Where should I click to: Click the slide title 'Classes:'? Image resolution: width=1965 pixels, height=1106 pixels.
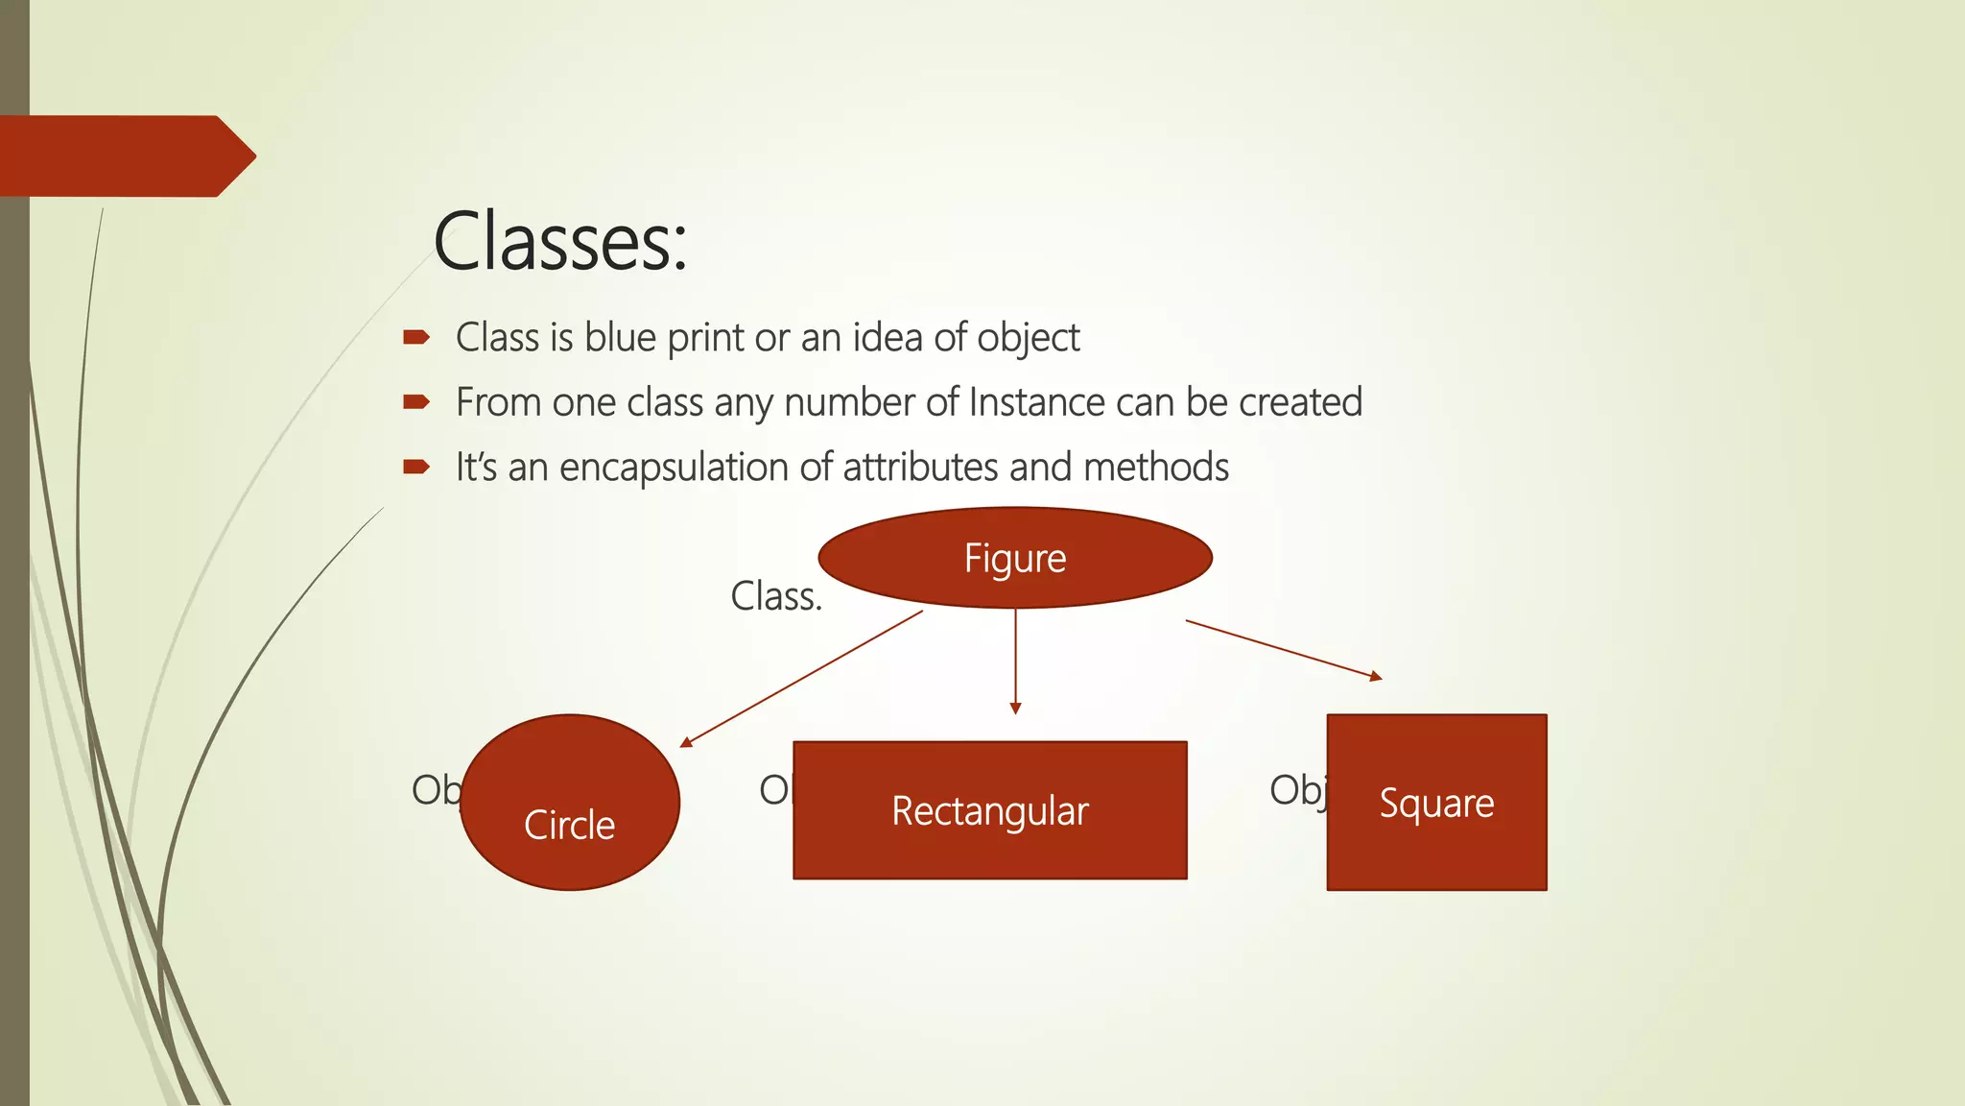click(x=560, y=241)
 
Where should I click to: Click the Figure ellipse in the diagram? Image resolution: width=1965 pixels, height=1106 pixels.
click(x=1015, y=558)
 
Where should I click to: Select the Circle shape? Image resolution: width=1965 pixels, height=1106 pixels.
click(x=570, y=803)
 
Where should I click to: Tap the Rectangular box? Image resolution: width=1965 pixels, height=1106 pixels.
click(x=990, y=810)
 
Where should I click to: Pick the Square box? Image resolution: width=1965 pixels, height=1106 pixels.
click(x=1436, y=803)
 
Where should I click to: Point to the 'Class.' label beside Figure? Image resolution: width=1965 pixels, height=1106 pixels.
click(x=776, y=596)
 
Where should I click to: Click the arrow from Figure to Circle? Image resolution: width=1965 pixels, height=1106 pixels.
click(x=801, y=679)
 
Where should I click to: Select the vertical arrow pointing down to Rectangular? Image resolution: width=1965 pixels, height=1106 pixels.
click(x=1015, y=662)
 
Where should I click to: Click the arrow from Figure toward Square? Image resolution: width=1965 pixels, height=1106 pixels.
click(x=1283, y=650)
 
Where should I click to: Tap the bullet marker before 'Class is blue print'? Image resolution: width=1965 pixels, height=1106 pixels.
click(x=416, y=337)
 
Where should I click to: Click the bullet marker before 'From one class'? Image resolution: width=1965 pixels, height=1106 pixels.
click(x=416, y=402)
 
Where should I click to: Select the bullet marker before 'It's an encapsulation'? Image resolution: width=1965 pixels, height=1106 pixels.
click(x=416, y=468)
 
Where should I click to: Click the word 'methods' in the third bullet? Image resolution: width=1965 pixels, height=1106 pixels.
click(x=1155, y=468)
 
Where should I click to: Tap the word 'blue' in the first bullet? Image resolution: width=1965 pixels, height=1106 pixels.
click(x=620, y=337)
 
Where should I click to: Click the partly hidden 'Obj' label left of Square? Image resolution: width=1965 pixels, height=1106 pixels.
click(x=1298, y=790)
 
